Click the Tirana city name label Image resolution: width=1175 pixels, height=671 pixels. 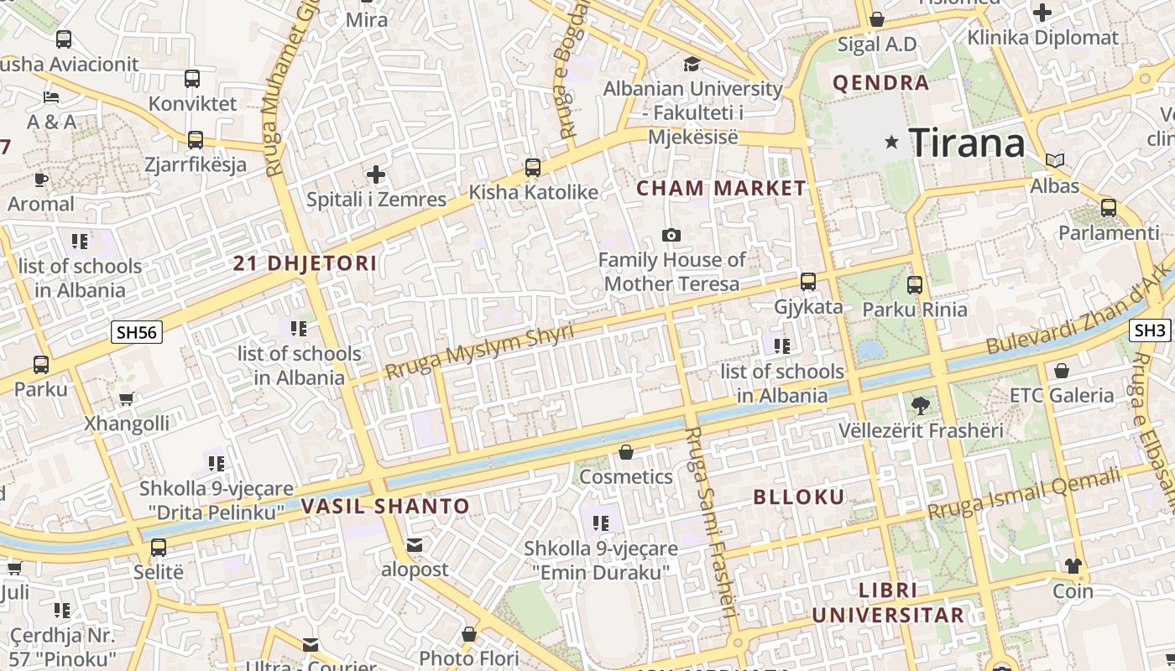point(967,143)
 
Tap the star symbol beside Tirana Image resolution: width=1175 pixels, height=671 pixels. point(891,143)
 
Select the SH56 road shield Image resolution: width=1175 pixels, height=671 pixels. point(137,332)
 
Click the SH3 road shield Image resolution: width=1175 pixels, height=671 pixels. point(1150,330)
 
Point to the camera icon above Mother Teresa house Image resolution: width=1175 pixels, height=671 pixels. point(671,235)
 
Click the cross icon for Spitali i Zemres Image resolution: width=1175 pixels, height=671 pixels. point(376,174)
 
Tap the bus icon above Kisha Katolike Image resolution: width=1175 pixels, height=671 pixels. point(533,167)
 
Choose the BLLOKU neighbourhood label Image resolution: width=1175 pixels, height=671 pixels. point(799,497)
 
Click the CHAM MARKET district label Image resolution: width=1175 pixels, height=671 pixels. point(721,188)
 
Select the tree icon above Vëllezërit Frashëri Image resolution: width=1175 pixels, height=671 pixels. point(921,406)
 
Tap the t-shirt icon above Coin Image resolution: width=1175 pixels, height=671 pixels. point(1073,566)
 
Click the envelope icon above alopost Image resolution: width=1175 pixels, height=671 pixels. point(415,545)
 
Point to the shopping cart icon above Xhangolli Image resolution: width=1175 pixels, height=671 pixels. point(126,399)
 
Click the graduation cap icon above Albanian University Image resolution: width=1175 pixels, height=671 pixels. point(692,64)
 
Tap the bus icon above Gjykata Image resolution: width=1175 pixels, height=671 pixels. point(808,282)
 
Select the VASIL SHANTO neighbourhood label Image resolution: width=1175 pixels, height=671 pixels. point(385,506)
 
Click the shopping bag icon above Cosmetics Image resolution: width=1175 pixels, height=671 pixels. point(626,453)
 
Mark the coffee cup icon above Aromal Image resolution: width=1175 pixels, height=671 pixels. point(41,179)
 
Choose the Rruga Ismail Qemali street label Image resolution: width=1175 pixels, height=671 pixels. point(1024,493)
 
